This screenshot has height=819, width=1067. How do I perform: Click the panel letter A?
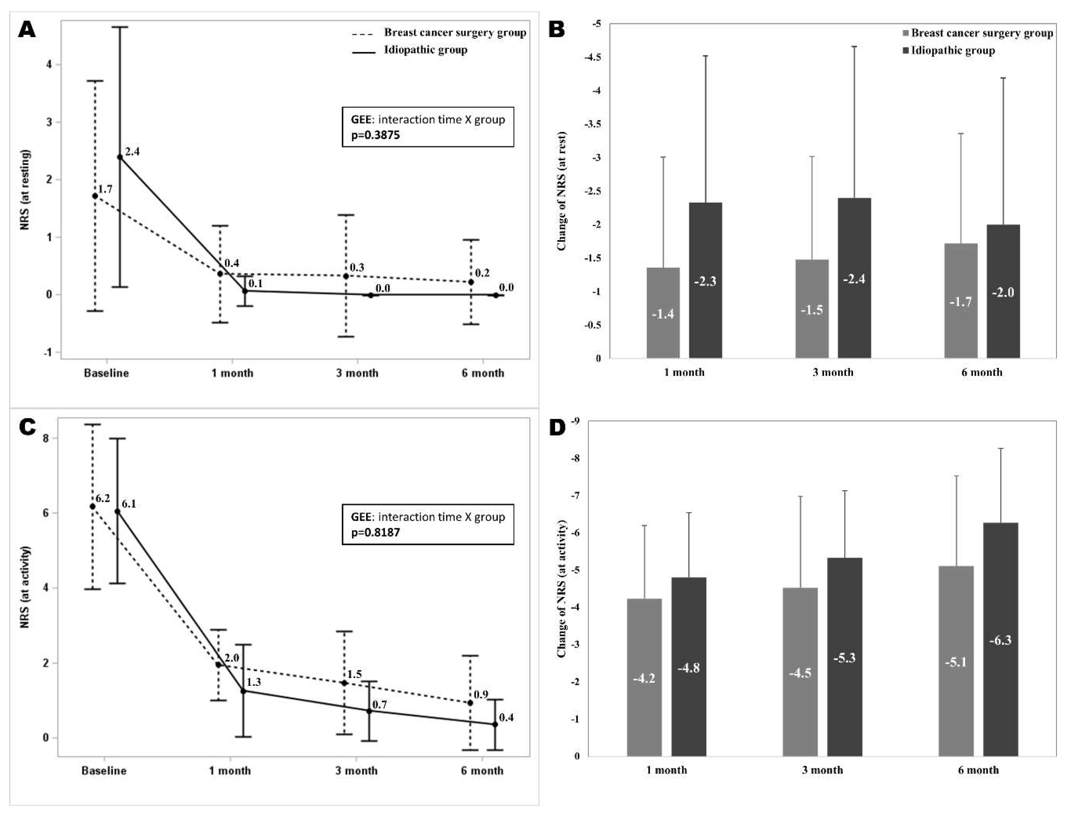point(27,30)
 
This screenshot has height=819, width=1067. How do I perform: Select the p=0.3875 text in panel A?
point(375,135)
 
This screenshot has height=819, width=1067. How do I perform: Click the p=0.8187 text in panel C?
point(375,532)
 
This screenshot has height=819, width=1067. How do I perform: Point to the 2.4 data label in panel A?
point(132,152)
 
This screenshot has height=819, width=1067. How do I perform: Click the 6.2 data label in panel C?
point(103,498)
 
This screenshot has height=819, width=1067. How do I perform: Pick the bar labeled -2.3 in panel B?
point(705,280)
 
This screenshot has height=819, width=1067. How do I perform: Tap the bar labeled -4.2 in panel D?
point(644,678)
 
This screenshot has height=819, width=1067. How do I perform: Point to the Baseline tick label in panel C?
point(104,771)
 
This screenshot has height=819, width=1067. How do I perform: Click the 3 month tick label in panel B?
point(833,372)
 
